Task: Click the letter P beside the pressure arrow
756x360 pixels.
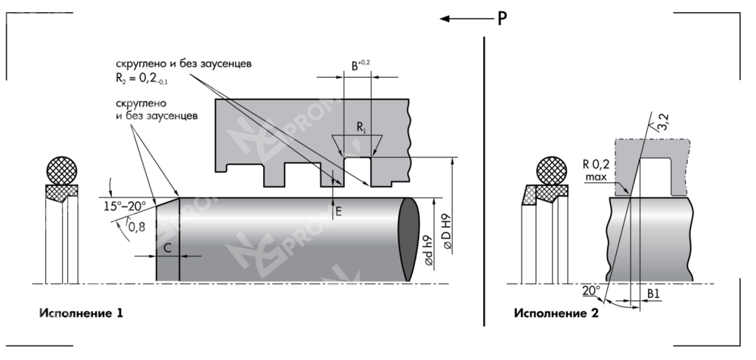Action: pyautogui.click(x=502, y=19)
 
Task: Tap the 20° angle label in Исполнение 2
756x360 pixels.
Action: pyautogui.click(x=590, y=290)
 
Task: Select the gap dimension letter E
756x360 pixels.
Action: pyautogui.click(x=339, y=213)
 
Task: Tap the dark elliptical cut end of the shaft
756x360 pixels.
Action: pyautogui.click(x=409, y=238)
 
